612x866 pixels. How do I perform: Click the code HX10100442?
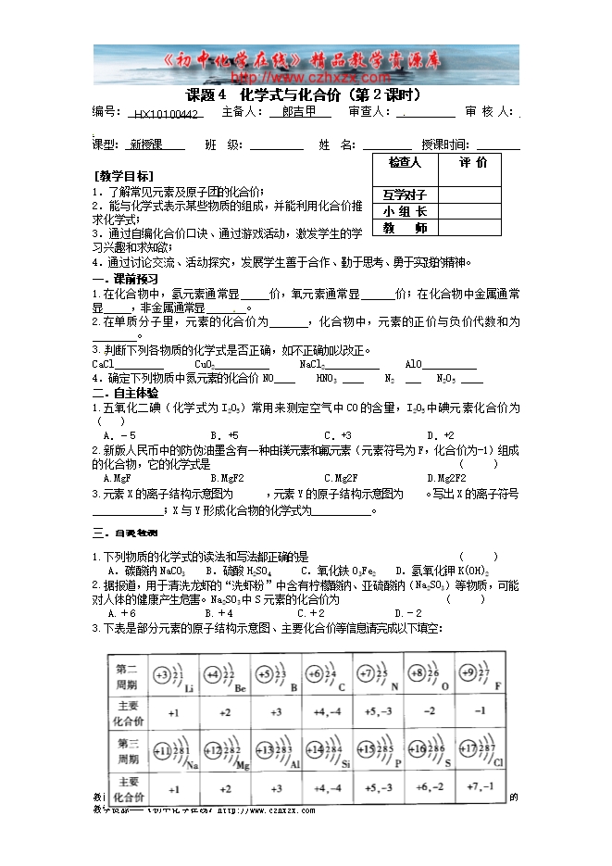point(166,113)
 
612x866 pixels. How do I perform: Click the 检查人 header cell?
point(405,163)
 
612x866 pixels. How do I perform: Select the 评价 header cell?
point(472,163)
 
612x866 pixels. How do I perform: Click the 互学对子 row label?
point(405,195)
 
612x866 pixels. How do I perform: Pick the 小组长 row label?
point(405,211)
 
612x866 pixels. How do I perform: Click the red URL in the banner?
point(306,77)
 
